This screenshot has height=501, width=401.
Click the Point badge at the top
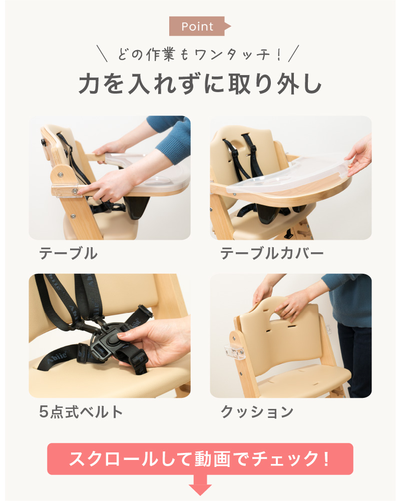pos(198,26)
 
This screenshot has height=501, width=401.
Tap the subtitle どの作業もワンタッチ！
pos(199,54)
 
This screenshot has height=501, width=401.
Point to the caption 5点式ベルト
pos(81,411)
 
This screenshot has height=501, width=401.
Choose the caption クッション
pos(257,412)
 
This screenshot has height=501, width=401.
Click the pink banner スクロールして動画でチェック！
pos(200,458)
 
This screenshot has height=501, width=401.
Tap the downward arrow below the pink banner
pos(200,487)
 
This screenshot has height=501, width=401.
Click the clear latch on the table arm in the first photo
pos(65,190)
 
